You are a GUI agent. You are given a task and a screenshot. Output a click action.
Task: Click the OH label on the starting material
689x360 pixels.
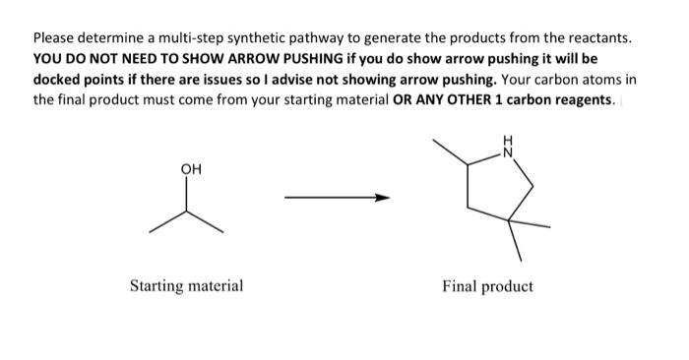pyautogui.click(x=191, y=168)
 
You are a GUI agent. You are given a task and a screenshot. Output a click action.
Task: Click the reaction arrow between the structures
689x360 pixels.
pyautogui.click(x=337, y=199)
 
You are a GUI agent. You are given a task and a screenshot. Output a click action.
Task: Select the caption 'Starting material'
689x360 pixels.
pyautogui.click(x=187, y=286)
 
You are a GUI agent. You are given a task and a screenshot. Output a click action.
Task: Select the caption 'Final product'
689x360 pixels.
pyautogui.click(x=487, y=286)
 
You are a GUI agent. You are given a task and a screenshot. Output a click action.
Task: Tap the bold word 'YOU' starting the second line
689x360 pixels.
pyautogui.click(x=47, y=59)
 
